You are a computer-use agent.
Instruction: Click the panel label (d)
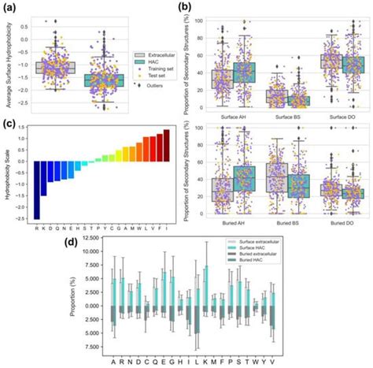76,235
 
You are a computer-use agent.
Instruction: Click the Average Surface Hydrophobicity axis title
9,61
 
